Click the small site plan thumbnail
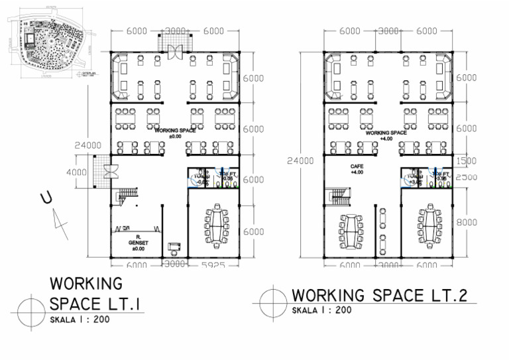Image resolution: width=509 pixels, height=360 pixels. pos(49,44)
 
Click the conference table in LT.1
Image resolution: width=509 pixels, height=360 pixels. pos(215,227)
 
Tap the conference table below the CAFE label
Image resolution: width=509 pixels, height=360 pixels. pos(351,232)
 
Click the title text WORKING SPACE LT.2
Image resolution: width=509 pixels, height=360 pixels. pos(380,295)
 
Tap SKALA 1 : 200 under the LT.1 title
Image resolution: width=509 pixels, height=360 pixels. pos(80,320)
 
